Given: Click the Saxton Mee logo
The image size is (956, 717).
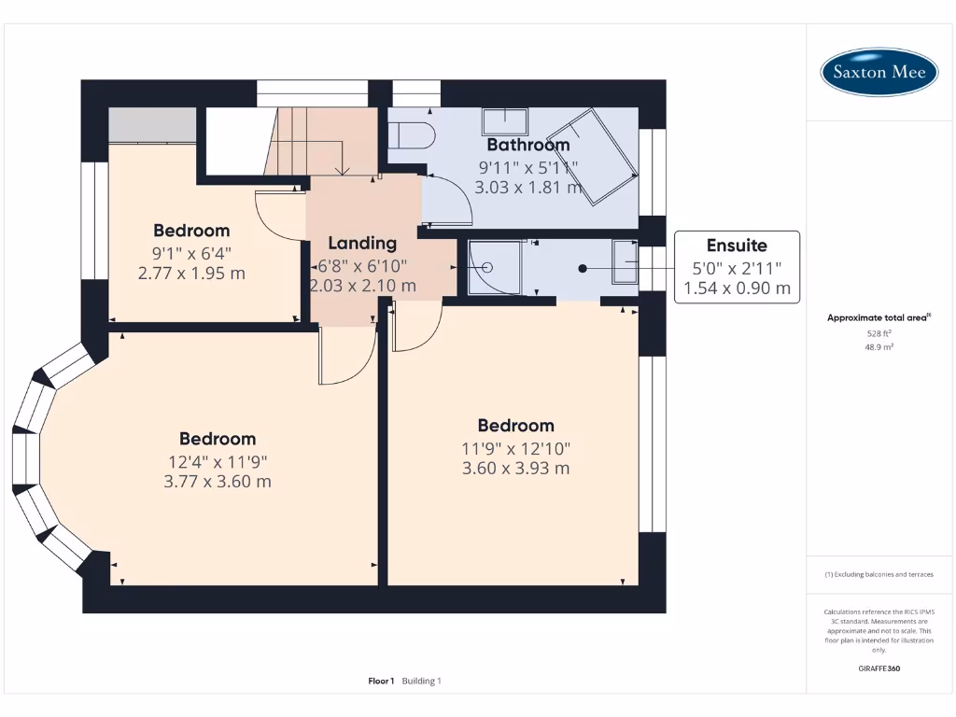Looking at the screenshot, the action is click(x=879, y=72).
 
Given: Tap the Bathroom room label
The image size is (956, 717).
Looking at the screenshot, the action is click(x=528, y=145).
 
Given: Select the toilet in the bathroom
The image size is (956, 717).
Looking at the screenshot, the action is click(x=412, y=135).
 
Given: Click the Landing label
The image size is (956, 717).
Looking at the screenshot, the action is click(x=362, y=244).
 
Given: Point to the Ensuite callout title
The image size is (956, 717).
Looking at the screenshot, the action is click(x=737, y=246).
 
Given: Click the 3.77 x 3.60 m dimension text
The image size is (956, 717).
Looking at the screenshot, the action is click(x=217, y=482).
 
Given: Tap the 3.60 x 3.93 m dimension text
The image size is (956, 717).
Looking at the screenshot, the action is click(x=515, y=469).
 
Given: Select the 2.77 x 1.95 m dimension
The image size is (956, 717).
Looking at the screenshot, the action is click(x=191, y=274).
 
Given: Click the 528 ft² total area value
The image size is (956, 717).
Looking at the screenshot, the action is click(x=879, y=333).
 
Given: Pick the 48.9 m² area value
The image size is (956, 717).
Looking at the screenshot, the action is click(x=879, y=347).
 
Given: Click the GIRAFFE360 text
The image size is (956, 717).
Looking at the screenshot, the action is click(x=879, y=668).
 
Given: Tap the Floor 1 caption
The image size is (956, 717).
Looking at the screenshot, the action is click(x=381, y=681).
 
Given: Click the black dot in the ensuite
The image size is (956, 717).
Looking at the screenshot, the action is click(x=583, y=268).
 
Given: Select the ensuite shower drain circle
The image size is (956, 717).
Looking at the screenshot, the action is click(x=487, y=267).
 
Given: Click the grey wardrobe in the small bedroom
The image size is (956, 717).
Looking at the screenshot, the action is click(x=152, y=126).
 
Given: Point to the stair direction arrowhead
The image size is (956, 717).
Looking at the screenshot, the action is click(x=343, y=172).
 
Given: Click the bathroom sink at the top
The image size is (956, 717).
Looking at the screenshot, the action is click(x=505, y=121).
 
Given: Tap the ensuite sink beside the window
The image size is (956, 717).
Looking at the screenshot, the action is click(x=625, y=261).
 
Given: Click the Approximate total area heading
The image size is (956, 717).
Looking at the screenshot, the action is click(x=879, y=317).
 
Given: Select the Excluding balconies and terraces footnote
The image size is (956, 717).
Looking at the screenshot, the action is click(x=879, y=574).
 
